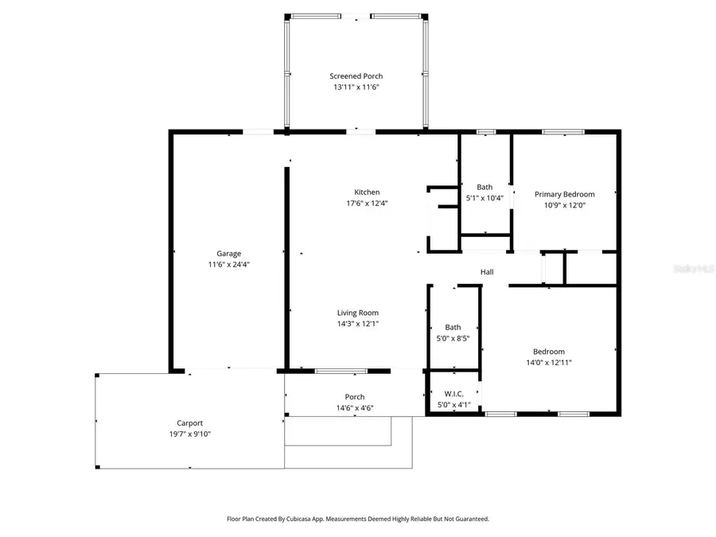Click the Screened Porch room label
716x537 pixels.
tap(356, 76)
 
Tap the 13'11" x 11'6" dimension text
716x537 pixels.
tap(356, 88)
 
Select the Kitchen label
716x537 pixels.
tap(367, 192)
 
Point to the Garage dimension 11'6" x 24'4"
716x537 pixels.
tap(229, 264)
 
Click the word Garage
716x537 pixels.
tap(229, 254)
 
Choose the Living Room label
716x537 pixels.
tap(357, 313)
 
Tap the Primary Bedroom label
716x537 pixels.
tap(564, 194)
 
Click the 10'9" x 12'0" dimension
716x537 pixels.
tap(564, 204)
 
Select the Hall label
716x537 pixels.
tap(487, 272)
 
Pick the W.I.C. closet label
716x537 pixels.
tap(454, 394)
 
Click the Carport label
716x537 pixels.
tap(189, 423)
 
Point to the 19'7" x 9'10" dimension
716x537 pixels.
tap(189, 434)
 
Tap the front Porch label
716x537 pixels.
tap(355, 397)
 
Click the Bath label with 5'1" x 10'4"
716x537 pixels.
tap(484, 187)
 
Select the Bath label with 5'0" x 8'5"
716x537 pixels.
tap(453, 327)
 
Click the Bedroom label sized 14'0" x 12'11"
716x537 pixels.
tap(549, 352)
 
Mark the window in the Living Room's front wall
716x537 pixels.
tap(340, 371)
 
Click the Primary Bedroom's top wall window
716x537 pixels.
tap(563, 131)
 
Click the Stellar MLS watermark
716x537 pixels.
tap(694, 269)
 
